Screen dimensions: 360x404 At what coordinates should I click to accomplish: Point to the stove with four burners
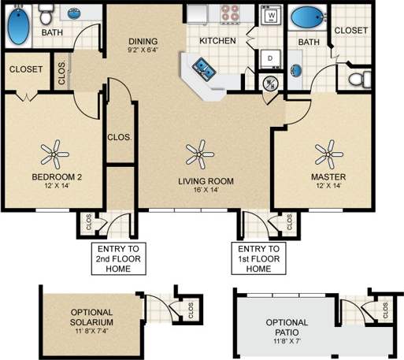pyautogui.click(x=231, y=13)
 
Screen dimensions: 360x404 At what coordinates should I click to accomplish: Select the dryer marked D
pyautogui.click(x=271, y=58)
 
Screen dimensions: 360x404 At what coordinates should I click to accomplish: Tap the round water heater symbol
pyautogui.click(x=269, y=84)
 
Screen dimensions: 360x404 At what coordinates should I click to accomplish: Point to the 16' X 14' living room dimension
pyautogui.click(x=205, y=190)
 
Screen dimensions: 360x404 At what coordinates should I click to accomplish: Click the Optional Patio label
pyautogui.click(x=286, y=328)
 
